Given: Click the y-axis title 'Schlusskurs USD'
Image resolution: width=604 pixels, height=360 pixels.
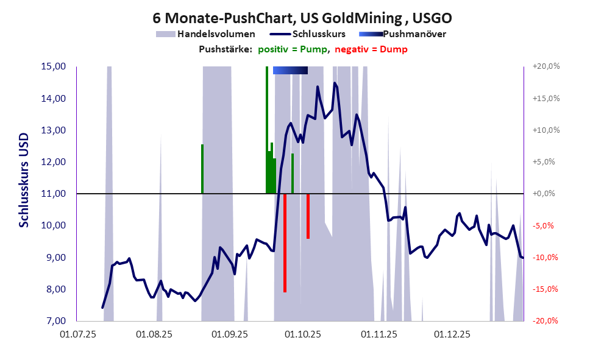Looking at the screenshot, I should (x=24, y=180).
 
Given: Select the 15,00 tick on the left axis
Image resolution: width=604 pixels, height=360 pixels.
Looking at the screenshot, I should (x=54, y=66).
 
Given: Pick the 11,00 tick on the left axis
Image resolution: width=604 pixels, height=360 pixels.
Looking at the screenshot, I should (x=54, y=194).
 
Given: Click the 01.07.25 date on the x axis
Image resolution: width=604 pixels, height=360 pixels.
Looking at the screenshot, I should (x=77, y=334).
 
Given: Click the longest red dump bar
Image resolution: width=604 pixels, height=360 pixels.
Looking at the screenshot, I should (x=285, y=244).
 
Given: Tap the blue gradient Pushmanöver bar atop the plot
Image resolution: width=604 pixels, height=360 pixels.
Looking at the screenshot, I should (x=290, y=70).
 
